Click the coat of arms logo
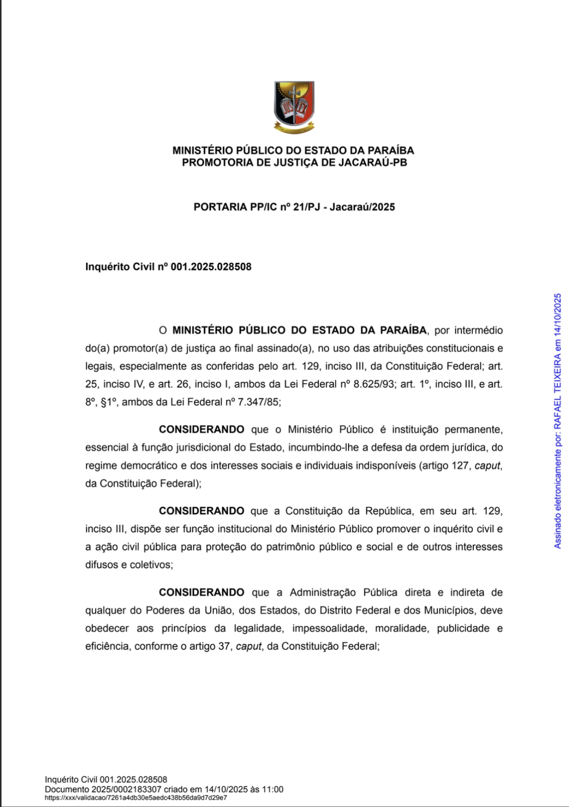[x=294, y=107]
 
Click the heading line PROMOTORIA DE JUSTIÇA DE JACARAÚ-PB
[x=294, y=163]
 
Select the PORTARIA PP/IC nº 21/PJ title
[x=294, y=207]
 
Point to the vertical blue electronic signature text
[x=558, y=421]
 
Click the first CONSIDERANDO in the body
[x=202, y=430]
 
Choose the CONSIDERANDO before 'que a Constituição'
[x=202, y=511]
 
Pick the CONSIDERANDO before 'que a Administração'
[x=202, y=592]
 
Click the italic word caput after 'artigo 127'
[x=487, y=466]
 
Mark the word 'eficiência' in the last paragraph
[x=107, y=646]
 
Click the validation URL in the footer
[x=136, y=798]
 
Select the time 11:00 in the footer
[x=273, y=789]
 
